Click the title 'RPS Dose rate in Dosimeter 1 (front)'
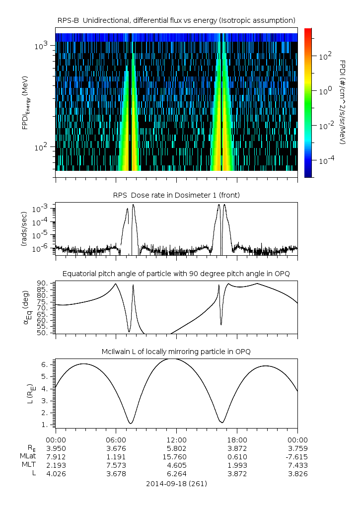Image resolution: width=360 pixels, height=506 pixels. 176,196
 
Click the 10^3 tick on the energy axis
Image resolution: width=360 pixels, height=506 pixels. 41,46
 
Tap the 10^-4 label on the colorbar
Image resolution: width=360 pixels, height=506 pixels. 324,161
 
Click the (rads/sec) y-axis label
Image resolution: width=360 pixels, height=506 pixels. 24,229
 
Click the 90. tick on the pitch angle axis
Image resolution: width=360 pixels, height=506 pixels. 42,284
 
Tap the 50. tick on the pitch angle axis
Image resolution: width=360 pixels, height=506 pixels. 42,333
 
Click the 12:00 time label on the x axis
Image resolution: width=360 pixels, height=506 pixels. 176,440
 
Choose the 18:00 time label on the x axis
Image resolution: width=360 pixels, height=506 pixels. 237,440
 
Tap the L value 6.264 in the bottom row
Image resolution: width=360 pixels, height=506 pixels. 176,474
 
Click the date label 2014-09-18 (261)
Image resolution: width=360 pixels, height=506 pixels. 176,483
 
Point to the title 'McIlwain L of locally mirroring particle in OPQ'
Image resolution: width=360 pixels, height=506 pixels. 176,352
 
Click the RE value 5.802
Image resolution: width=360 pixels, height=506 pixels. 176,448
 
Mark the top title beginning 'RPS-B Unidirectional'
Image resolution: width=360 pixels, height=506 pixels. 176,20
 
